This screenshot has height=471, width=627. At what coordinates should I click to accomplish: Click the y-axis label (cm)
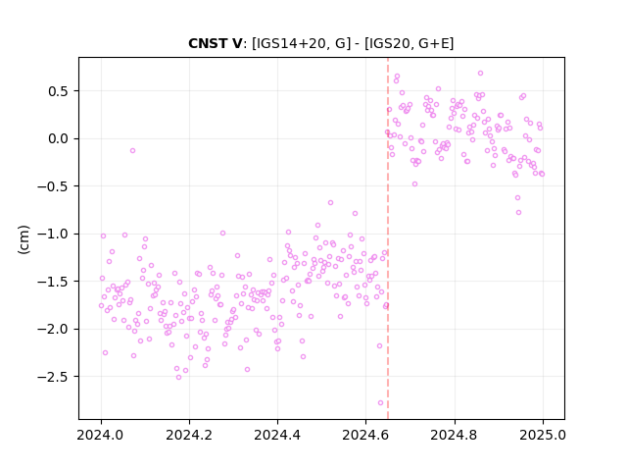[x=24, y=239]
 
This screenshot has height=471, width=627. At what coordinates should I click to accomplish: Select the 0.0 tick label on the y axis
[x=59, y=139]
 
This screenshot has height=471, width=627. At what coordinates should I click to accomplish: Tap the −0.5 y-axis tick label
[x=54, y=186]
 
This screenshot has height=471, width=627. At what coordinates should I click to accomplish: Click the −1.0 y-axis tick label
[x=54, y=235]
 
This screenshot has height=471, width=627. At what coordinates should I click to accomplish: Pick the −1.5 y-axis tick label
[x=54, y=282]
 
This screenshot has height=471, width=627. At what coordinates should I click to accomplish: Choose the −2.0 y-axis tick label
[x=54, y=330]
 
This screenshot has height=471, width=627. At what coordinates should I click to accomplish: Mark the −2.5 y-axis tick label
[x=54, y=377]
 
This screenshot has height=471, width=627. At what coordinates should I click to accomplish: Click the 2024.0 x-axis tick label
[x=101, y=435]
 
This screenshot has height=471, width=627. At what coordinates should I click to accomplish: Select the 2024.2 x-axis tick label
[x=189, y=435]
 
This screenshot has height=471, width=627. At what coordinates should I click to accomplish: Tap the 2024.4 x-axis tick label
[x=277, y=435]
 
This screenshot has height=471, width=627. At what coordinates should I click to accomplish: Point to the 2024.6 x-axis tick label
[x=365, y=435]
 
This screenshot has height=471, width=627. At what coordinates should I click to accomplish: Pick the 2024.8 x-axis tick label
[x=455, y=435]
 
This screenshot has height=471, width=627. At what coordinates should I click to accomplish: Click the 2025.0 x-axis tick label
[x=543, y=435]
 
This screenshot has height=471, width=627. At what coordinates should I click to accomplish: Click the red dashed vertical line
[x=388, y=238]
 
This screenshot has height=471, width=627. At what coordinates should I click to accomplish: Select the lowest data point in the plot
[x=380, y=403]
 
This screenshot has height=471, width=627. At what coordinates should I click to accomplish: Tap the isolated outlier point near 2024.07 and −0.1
[x=133, y=150]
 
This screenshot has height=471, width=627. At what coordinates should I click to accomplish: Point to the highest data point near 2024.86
[x=481, y=74]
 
